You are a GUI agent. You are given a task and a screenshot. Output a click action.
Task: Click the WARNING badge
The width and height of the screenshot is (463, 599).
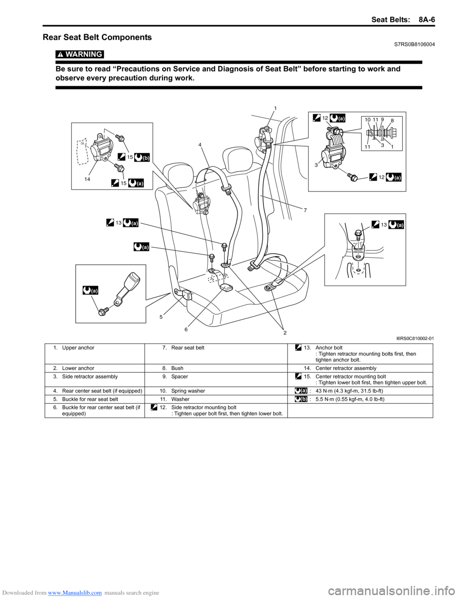click(x=80, y=54)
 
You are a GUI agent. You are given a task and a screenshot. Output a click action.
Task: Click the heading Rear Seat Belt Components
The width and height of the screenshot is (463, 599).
click(x=97, y=37)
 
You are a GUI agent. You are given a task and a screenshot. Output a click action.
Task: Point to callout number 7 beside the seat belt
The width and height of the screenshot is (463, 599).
click(x=305, y=210)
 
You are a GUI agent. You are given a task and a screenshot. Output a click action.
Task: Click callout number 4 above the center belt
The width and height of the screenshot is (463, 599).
click(x=200, y=144)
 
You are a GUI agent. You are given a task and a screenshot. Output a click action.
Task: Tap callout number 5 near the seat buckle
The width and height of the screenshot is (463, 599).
click(x=161, y=317)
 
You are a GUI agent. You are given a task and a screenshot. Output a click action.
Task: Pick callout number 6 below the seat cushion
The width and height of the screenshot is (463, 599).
click(x=186, y=329)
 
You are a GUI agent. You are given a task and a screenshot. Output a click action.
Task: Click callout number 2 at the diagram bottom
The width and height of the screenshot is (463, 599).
click(x=285, y=333)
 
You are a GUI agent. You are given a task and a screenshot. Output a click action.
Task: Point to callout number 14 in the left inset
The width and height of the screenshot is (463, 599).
click(x=87, y=179)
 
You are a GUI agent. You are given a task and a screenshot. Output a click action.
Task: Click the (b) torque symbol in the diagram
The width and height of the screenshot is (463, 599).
click(x=142, y=157)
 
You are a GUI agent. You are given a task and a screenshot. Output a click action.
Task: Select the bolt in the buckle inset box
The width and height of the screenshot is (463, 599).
click(x=104, y=312)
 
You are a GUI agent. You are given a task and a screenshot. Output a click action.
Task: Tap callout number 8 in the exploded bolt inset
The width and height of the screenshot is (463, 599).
click(x=392, y=121)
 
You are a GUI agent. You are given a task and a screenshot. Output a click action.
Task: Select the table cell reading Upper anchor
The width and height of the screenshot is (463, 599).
click(x=78, y=348)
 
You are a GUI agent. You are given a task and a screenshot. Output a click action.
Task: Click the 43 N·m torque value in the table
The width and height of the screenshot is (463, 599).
click(x=349, y=391)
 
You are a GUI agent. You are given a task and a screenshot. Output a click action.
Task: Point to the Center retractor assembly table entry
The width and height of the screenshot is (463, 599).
click(x=346, y=368)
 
